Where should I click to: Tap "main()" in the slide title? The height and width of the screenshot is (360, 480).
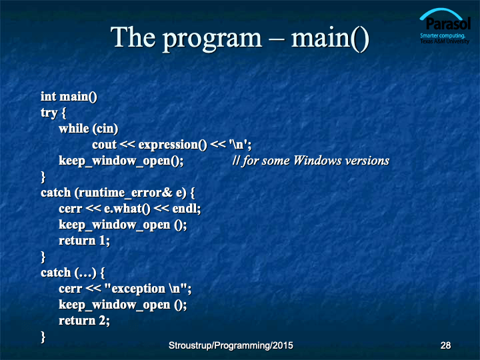(x=330, y=38)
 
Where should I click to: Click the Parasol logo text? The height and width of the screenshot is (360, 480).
(x=448, y=23)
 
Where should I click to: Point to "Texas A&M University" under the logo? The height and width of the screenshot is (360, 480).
(x=445, y=41)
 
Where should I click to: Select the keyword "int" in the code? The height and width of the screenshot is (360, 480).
(x=49, y=97)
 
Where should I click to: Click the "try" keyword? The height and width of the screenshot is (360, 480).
(x=49, y=113)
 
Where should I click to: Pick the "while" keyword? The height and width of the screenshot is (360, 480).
(x=74, y=128)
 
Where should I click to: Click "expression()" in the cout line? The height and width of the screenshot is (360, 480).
(x=173, y=145)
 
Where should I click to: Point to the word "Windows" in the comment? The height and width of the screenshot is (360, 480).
(x=317, y=161)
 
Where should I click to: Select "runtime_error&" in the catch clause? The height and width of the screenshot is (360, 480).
(x=123, y=193)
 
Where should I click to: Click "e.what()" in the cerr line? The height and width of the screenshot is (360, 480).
(x=127, y=209)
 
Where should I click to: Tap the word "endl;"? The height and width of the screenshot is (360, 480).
(x=187, y=209)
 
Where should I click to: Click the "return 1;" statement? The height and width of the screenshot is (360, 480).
(x=84, y=241)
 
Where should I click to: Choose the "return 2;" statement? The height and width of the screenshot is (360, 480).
(x=84, y=321)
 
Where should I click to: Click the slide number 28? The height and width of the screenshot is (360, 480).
(x=445, y=345)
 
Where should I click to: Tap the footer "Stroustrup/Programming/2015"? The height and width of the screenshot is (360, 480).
(x=231, y=345)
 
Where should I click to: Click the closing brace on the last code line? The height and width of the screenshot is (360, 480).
(x=43, y=337)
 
